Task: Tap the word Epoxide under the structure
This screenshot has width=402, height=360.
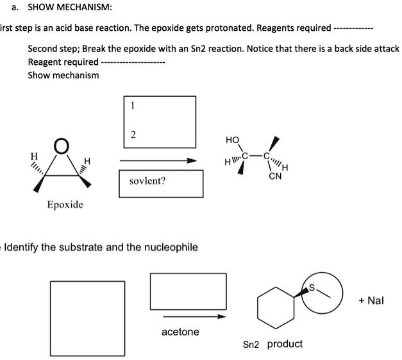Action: pos(65,204)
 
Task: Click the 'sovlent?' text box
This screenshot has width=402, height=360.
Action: pos(161,182)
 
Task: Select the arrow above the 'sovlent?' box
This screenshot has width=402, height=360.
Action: pos(157,160)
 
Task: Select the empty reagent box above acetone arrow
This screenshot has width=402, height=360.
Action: pos(188,291)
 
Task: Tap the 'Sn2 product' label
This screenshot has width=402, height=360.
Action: pos(273,344)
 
